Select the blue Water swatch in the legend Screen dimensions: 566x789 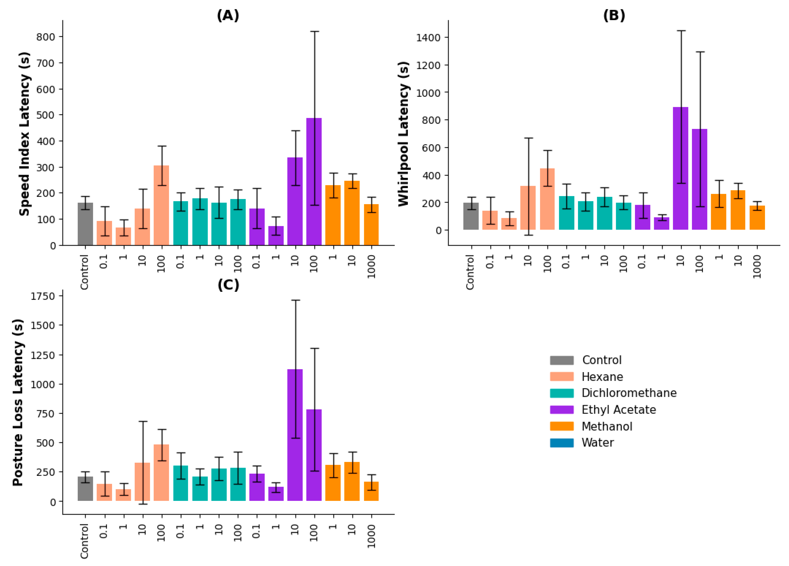pyautogui.click(x=561, y=443)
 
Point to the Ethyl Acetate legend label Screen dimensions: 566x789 pyautogui.click(x=618, y=410)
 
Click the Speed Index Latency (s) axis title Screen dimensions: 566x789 pyautogui.click(x=24, y=134)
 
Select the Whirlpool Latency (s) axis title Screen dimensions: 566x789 pyautogui.click(x=404, y=134)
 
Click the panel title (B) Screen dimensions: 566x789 pyautogui.click(x=614, y=16)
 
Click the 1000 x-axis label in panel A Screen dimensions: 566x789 pyautogui.click(x=371, y=267)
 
